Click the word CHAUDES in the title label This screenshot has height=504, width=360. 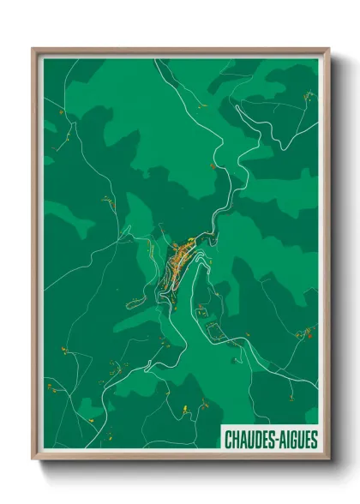click(248, 440)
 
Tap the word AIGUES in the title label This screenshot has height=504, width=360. click(297, 440)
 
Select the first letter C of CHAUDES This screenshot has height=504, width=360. click(228, 440)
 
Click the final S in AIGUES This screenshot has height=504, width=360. click(315, 440)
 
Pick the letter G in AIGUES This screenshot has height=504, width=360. click(293, 440)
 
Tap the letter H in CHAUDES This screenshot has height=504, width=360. click(236, 440)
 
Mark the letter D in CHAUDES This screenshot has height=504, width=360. click(255, 440)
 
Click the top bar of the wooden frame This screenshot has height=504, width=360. click(180, 51)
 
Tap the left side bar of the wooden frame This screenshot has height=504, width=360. click(35, 257)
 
